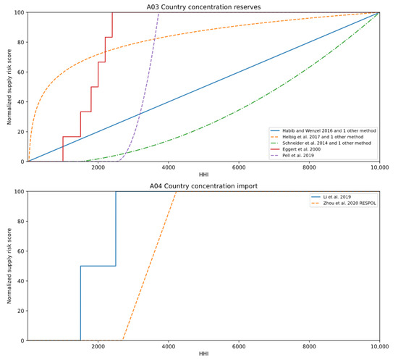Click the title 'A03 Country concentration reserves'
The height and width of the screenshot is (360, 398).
click(x=203, y=7)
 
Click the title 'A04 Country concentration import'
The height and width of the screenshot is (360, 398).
click(x=203, y=185)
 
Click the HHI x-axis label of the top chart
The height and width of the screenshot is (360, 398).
click(x=203, y=175)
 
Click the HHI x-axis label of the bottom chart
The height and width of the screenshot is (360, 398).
click(x=203, y=355)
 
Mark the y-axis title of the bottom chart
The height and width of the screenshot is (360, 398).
click(x=9, y=266)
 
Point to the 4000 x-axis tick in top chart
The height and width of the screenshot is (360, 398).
click(x=169, y=167)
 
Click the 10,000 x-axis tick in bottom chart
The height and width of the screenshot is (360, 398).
click(x=379, y=346)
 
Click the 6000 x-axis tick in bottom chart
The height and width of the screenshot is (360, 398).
click(x=239, y=346)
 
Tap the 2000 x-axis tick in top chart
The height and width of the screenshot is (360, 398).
click(x=98, y=167)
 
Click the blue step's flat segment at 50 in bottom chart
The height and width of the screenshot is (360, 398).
click(x=98, y=266)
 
